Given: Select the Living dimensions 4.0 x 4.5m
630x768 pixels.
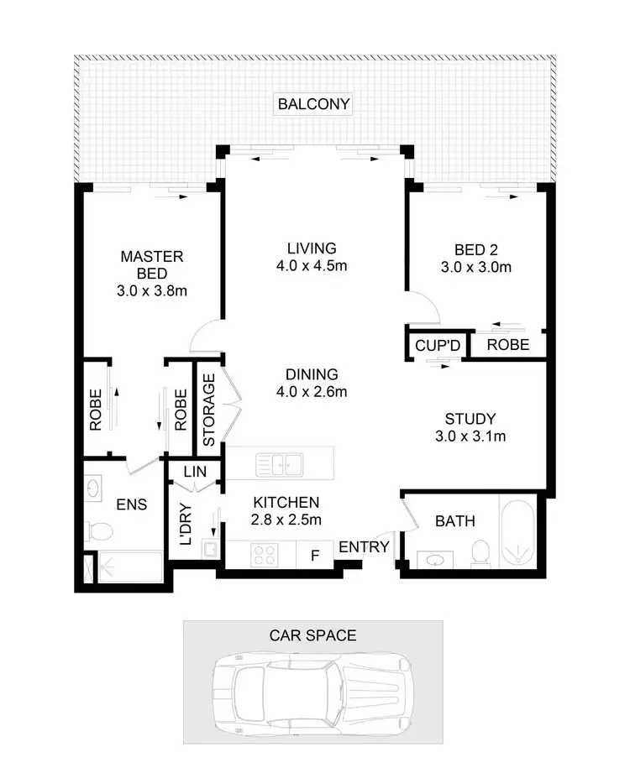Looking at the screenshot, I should pos(312,266).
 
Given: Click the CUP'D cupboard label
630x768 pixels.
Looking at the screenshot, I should pos(435,345).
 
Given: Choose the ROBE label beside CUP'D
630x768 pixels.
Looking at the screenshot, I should pos(508,345).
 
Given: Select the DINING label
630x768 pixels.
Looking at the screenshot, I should pos(312,374).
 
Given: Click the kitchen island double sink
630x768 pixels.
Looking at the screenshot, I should pos(281,462).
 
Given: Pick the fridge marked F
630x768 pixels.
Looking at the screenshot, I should pos(316,554).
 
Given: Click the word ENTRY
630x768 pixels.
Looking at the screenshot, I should pos(364,547).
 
